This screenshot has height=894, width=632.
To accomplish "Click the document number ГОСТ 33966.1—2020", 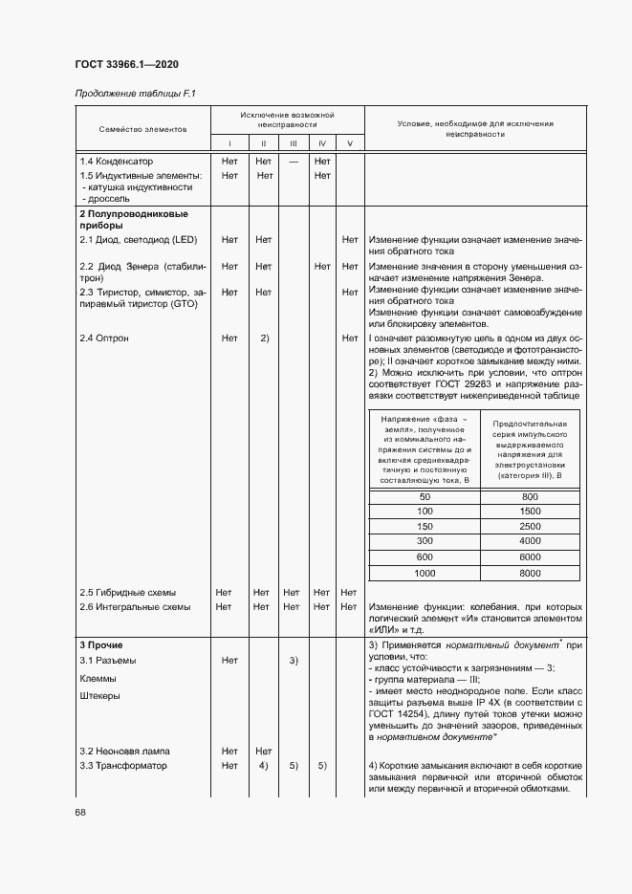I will click(x=126, y=65).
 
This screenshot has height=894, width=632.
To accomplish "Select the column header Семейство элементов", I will click(x=142, y=128).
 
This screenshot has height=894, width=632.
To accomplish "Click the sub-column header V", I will click(x=349, y=143).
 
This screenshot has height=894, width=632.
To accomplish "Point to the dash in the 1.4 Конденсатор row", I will click(x=294, y=162).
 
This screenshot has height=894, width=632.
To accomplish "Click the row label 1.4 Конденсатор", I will click(x=117, y=162).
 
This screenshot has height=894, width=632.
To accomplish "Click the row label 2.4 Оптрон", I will click(x=104, y=338).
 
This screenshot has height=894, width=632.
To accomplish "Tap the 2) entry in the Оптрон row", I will click(x=264, y=338).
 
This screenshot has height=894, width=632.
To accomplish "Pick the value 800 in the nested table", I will click(x=530, y=497).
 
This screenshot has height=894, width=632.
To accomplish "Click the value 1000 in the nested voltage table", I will click(x=425, y=573).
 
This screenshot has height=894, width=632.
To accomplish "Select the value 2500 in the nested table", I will click(x=530, y=527).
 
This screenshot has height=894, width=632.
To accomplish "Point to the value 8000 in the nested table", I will click(x=530, y=573).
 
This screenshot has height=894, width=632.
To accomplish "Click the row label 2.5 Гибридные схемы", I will click(x=128, y=592).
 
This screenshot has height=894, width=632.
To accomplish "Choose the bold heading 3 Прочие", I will click(x=100, y=645).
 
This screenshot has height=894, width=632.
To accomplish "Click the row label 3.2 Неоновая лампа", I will click(x=124, y=751).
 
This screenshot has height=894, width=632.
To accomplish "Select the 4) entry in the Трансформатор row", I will click(x=263, y=765).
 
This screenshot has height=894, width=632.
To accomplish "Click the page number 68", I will click(x=80, y=812).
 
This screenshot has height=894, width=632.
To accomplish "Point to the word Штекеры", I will click(x=100, y=696).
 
